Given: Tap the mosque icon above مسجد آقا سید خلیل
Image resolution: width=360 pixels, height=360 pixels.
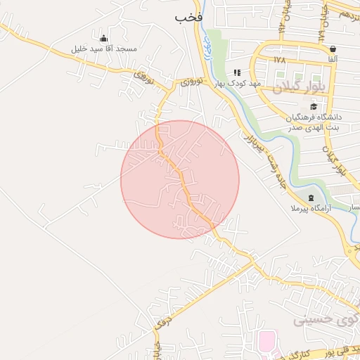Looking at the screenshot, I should coord(104,38).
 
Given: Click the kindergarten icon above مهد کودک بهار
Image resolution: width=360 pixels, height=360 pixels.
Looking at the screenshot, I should coord(237,72).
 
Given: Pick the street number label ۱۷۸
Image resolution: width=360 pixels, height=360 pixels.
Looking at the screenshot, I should coord(281,60).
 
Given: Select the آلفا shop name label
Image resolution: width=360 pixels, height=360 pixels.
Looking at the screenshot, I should coord(332,60).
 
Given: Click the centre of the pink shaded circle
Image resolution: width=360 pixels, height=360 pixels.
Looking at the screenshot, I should coord(180,179).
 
